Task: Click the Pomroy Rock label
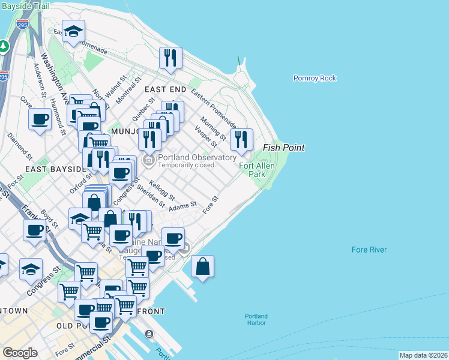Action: [x=315, y=78]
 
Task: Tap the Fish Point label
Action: [x=284, y=148]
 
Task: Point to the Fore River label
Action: [x=369, y=250]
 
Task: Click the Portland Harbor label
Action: [x=256, y=319]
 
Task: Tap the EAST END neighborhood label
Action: [x=166, y=89]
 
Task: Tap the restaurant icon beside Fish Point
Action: [x=241, y=140]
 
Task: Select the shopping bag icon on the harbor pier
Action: [x=203, y=266]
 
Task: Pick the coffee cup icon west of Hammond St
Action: [x=40, y=119]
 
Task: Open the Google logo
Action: [x=20, y=353]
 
